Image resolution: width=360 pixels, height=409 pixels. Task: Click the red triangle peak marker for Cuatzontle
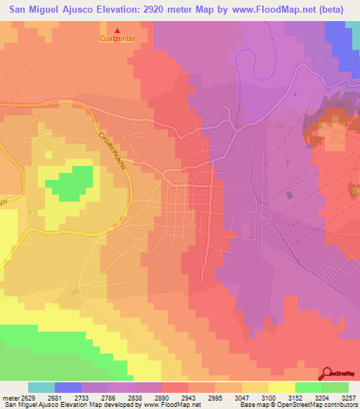pyautogui.click(x=117, y=30)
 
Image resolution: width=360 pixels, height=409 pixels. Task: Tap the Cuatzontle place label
pyautogui.click(x=117, y=39)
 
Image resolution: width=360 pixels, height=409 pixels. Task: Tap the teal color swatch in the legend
pyautogui.click(x=41, y=387)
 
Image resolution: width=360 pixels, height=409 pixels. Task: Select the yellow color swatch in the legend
pyautogui.click(x=281, y=387)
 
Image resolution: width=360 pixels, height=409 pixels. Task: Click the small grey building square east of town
pyautogui.click(x=290, y=194)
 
